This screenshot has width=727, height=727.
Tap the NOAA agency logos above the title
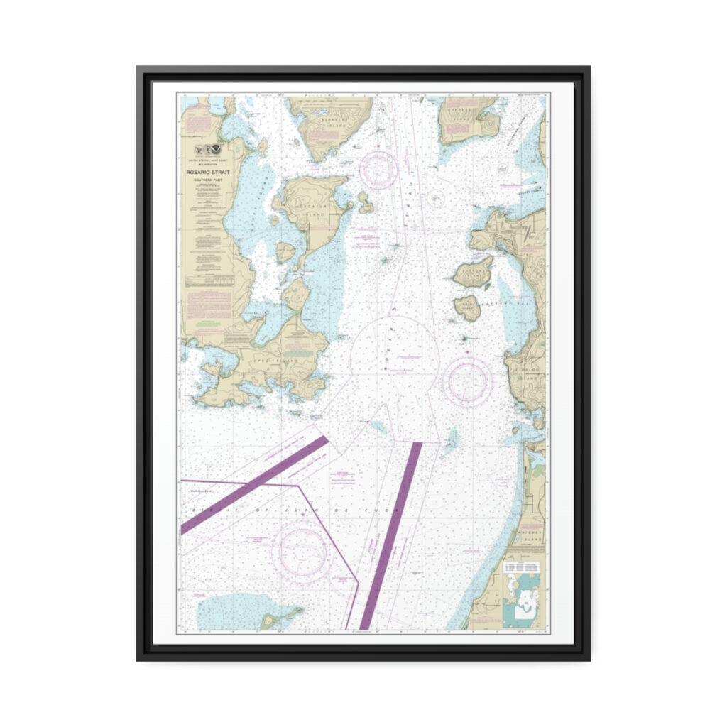(207, 150)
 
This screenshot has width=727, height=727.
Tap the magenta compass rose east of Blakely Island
(378, 168)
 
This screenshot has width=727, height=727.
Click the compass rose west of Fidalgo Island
(467, 381)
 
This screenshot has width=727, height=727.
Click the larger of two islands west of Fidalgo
(474, 272)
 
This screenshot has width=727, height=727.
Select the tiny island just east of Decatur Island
(366, 202)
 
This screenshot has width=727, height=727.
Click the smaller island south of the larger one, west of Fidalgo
(468, 307)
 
